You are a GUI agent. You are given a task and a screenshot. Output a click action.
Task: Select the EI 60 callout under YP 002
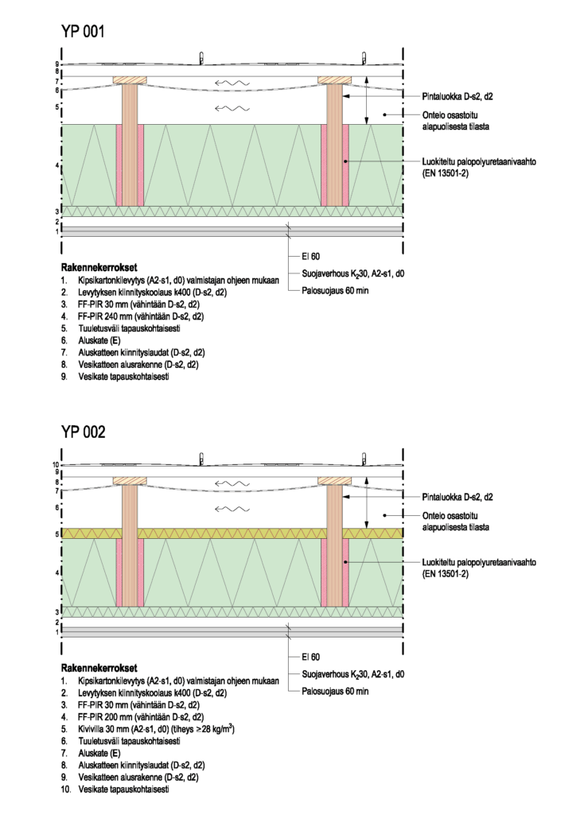pos(310,657)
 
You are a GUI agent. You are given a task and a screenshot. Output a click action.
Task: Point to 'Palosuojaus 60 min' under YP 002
pos(335,691)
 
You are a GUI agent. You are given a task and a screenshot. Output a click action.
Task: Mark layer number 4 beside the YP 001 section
pos(57,165)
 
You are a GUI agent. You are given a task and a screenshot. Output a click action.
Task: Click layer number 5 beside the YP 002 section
pos(57,534)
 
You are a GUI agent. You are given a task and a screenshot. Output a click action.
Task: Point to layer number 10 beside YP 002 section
pos(56,465)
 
